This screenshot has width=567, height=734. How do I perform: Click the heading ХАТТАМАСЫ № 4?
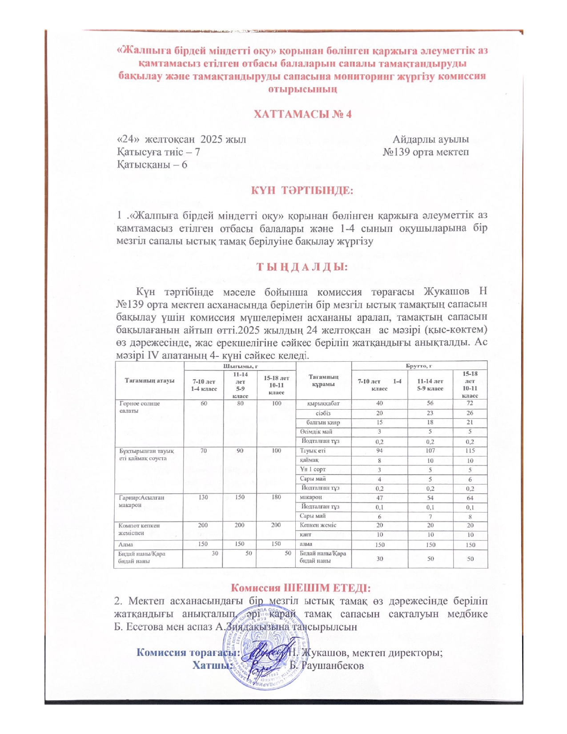pos(302,114)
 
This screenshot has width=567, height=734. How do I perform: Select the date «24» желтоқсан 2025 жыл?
pos(181,139)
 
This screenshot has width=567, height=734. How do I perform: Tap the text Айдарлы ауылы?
pos(430,139)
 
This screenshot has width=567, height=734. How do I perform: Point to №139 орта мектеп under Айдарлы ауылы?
pos(426,152)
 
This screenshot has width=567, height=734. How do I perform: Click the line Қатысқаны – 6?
pos(152,165)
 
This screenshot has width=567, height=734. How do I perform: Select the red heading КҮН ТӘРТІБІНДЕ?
pos(302,190)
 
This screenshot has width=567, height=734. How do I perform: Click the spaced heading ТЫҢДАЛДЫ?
pos(302,267)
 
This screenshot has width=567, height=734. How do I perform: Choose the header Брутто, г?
pos(419,366)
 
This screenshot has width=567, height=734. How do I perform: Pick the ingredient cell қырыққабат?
pos(323,404)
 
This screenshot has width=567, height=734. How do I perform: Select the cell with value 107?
pos(430,451)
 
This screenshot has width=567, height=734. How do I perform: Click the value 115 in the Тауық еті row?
pos(470,451)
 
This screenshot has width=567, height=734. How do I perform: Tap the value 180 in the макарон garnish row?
pos(276,497)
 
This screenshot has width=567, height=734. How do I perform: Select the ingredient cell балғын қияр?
pos(323,423)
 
